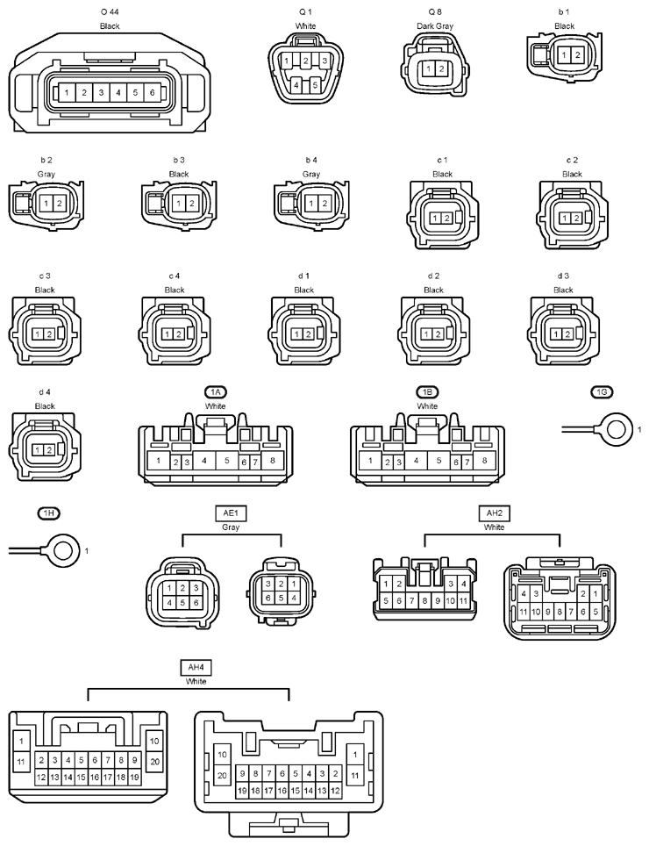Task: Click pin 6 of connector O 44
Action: [152, 93]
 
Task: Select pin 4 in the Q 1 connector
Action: [296, 85]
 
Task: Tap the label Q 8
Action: [435, 11]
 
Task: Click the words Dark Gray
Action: [435, 26]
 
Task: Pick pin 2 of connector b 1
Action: [577, 55]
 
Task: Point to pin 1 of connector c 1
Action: [435, 218]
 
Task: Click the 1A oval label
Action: [215, 392]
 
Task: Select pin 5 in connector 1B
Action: [439, 461]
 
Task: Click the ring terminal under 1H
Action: [64, 550]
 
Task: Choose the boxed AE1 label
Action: [231, 513]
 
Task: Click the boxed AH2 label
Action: [495, 513]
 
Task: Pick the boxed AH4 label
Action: [196, 668]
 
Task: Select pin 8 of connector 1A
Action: [273, 461]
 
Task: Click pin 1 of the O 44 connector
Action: [67, 93]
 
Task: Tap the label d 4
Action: [45, 392]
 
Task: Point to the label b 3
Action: [178, 161]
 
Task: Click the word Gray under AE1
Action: [231, 527]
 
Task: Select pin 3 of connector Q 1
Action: [324, 61]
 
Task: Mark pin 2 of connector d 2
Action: [438, 334]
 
